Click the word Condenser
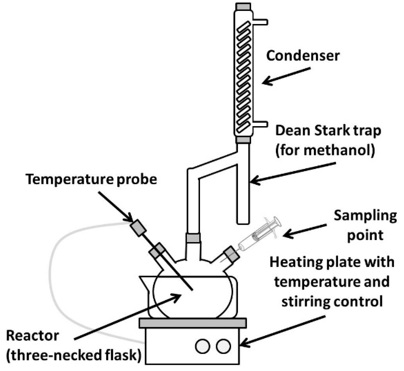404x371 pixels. click(302, 56)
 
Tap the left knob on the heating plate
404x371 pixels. click(203, 346)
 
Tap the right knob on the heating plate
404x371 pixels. click(223, 346)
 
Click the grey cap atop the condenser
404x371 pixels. click(243, 6)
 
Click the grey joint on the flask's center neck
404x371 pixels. click(193, 238)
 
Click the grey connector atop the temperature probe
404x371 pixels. click(138, 228)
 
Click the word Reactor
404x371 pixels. click(32, 336)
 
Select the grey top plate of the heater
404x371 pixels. click(193, 323)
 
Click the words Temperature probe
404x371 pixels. click(91, 179)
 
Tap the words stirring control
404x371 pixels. click(332, 302)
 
